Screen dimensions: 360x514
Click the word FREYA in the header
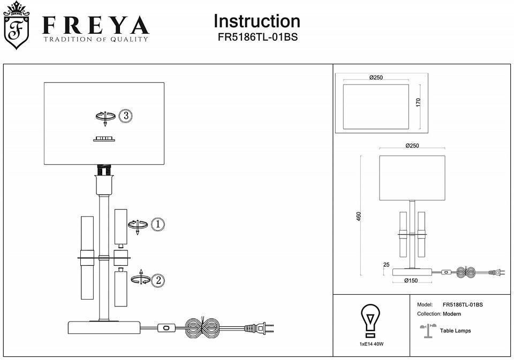[x=95, y=25]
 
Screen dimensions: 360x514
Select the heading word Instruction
[x=256, y=21]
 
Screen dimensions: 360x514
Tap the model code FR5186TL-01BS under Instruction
[x=256, y=37]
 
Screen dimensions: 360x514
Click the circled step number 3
[x=125, y=116]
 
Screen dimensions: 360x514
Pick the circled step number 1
[x=157, y=225]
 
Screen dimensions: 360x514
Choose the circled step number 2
[x=157, y=279]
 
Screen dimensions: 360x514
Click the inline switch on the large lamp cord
[x=168, y=327]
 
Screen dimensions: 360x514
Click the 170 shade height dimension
[x=419, y=102]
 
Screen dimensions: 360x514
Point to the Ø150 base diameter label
[x=411, y=280]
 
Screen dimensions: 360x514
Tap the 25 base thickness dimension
[x=387, y=264]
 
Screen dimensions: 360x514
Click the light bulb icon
[x=370, y=319]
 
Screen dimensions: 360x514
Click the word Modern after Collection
[x=452, y=314]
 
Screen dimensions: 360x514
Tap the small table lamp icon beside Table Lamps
[x=428, y=331]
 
